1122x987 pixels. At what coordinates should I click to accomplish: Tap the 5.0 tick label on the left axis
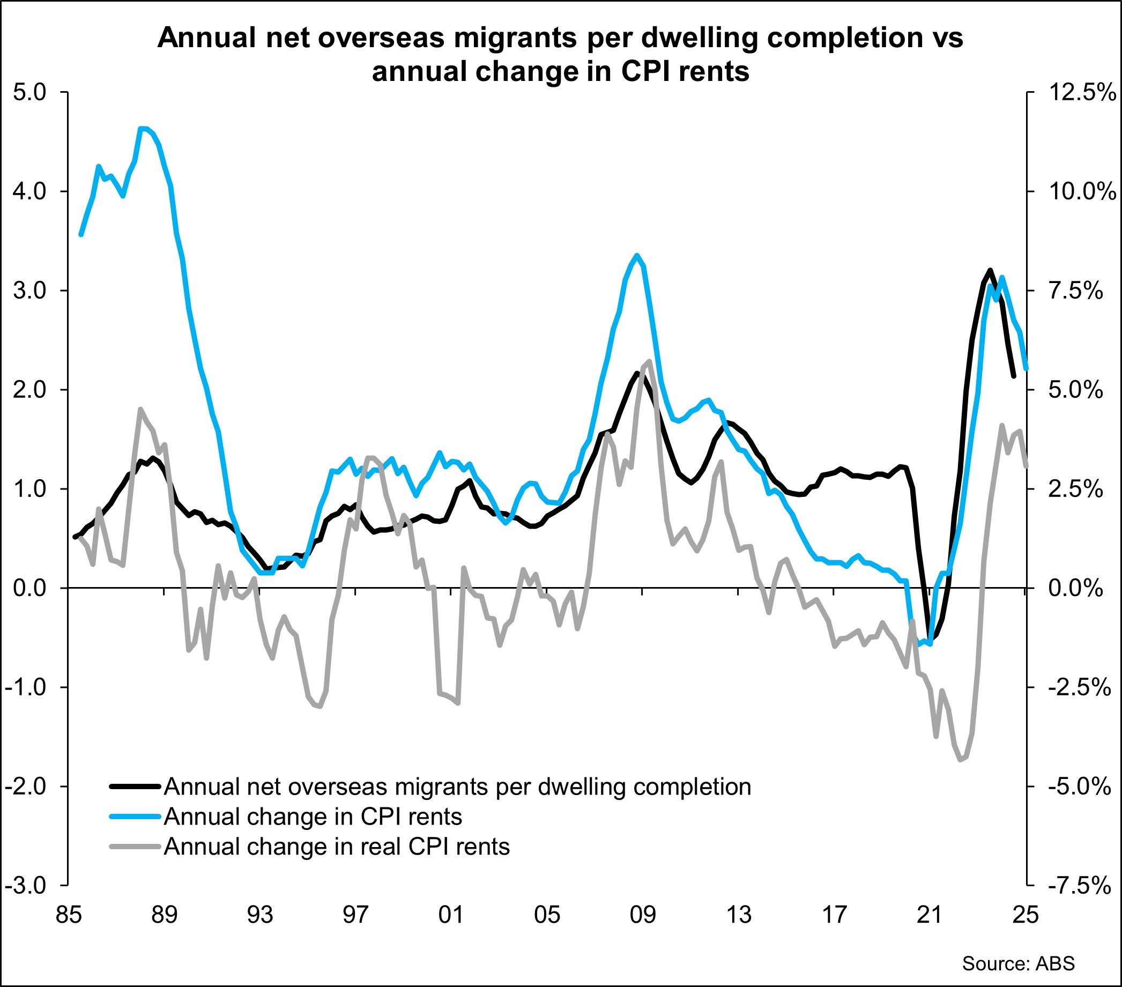click(29, 92)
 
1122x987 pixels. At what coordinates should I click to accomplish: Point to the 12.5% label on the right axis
click(1082, 92)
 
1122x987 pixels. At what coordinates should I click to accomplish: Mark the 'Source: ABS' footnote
click(1018, 963)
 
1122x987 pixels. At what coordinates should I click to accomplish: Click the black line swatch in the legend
click(135, 786)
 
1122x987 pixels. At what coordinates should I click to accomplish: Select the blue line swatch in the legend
click(135, 817)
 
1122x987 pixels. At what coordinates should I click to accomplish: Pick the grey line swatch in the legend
click(135, 847)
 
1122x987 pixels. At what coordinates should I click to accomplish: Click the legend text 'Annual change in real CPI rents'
click(337, 847)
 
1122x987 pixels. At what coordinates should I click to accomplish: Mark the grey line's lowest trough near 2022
click(960, 760)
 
